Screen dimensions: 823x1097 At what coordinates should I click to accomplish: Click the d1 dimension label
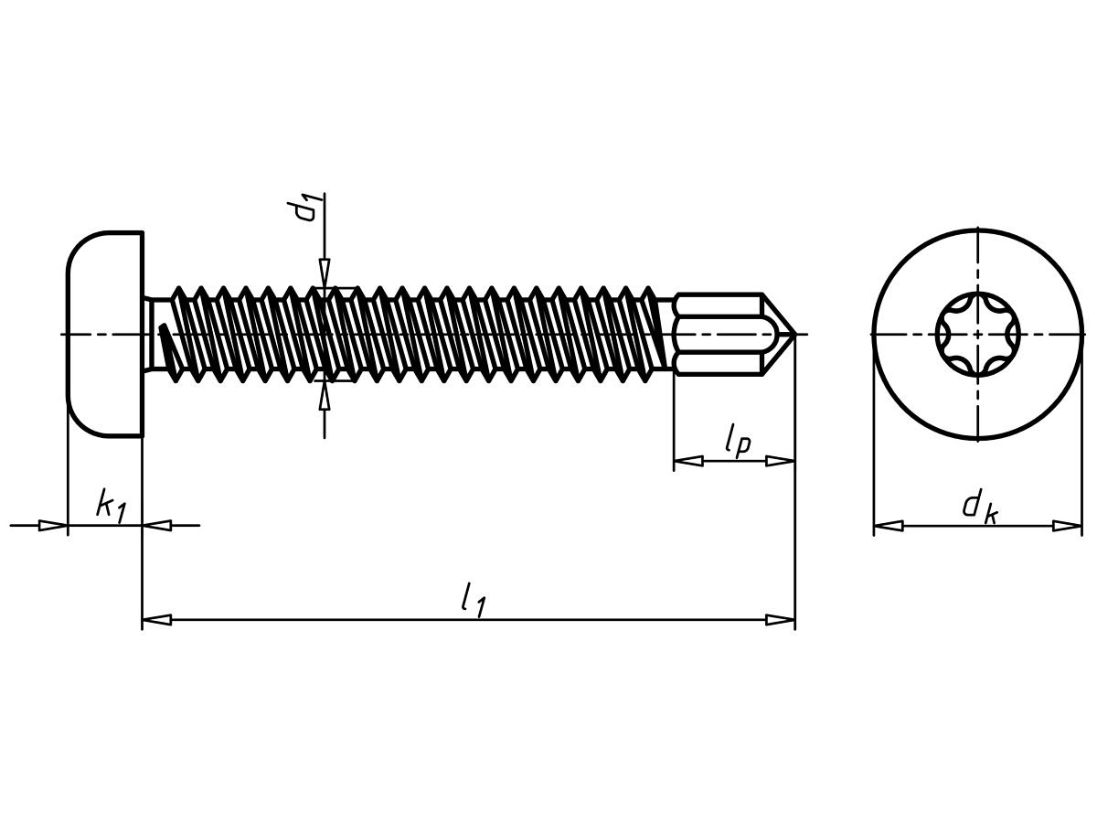pyautogui.click(x=306, y=208)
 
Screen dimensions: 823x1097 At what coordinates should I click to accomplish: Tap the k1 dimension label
pyautogui.click(x=111, y=505)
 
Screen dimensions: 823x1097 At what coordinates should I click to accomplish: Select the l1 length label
pyautogui.click(x=473, y=599)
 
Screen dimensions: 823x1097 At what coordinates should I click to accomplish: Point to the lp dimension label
pyautogui.click(x=736, y=442)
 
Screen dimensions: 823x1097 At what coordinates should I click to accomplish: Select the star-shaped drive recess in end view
pyautogui.click(x=977, y=335)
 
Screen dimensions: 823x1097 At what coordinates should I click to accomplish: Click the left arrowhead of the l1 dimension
pyautogui.click(x=156, y=620)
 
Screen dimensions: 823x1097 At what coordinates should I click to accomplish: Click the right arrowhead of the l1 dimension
pyautogui.click(x=781, y=620)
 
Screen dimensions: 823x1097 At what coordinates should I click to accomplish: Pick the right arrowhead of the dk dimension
pyautogui.click(x=1067, y=526)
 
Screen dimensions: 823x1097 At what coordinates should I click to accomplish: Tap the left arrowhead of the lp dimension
pyautogui.click(x=688, y=461)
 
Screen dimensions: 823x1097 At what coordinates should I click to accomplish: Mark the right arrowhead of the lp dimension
pyautogui.click(x=780, y=461)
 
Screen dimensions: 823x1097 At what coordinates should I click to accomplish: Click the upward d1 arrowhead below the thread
pyautogui.click(x=324, y=396)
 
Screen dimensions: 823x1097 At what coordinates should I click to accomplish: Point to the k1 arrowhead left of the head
pyautogui.click(x=53, y=526)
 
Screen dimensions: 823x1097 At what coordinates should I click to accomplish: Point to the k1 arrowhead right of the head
pyautogui.click(x=157, y=526)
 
